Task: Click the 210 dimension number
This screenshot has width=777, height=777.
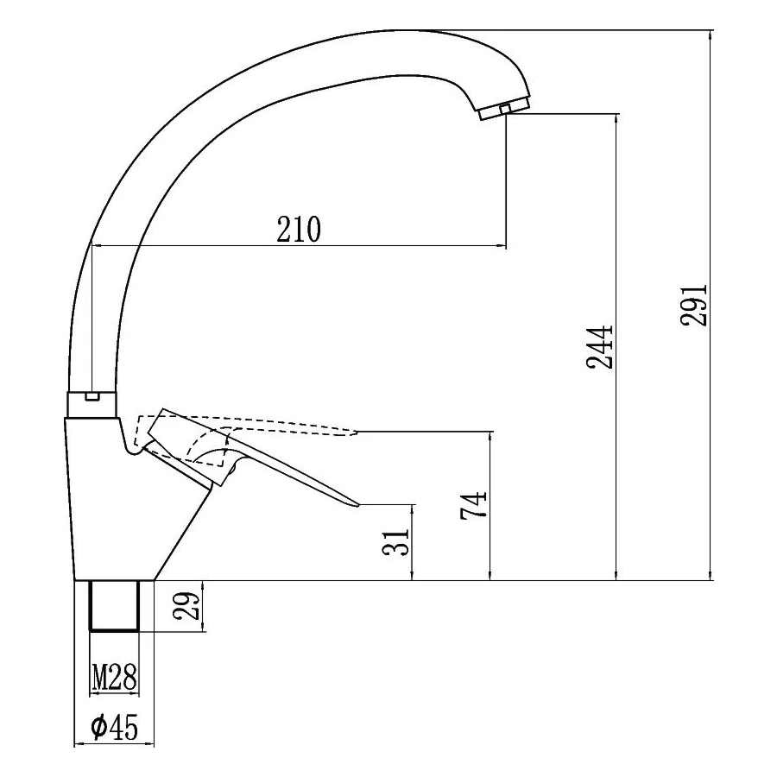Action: pyautogui.click(x=299, y=230)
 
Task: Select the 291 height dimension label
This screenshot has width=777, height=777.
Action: pyautogui.click(x=694, y=304)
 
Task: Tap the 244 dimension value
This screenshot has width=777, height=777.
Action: pyautogui.click(x=600, y=347)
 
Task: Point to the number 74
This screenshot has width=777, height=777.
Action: pyautogui.click(x=474, y=505)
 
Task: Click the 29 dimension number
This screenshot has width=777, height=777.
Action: pyautogui.click(x=186, y=606)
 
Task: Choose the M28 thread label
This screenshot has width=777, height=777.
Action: pyautogui.click(x=115, y=678)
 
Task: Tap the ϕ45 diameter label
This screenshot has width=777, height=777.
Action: pyautogui.click(x=115, y=726)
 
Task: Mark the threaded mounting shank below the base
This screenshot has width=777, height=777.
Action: pyautogui.click(x=115, y=605)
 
